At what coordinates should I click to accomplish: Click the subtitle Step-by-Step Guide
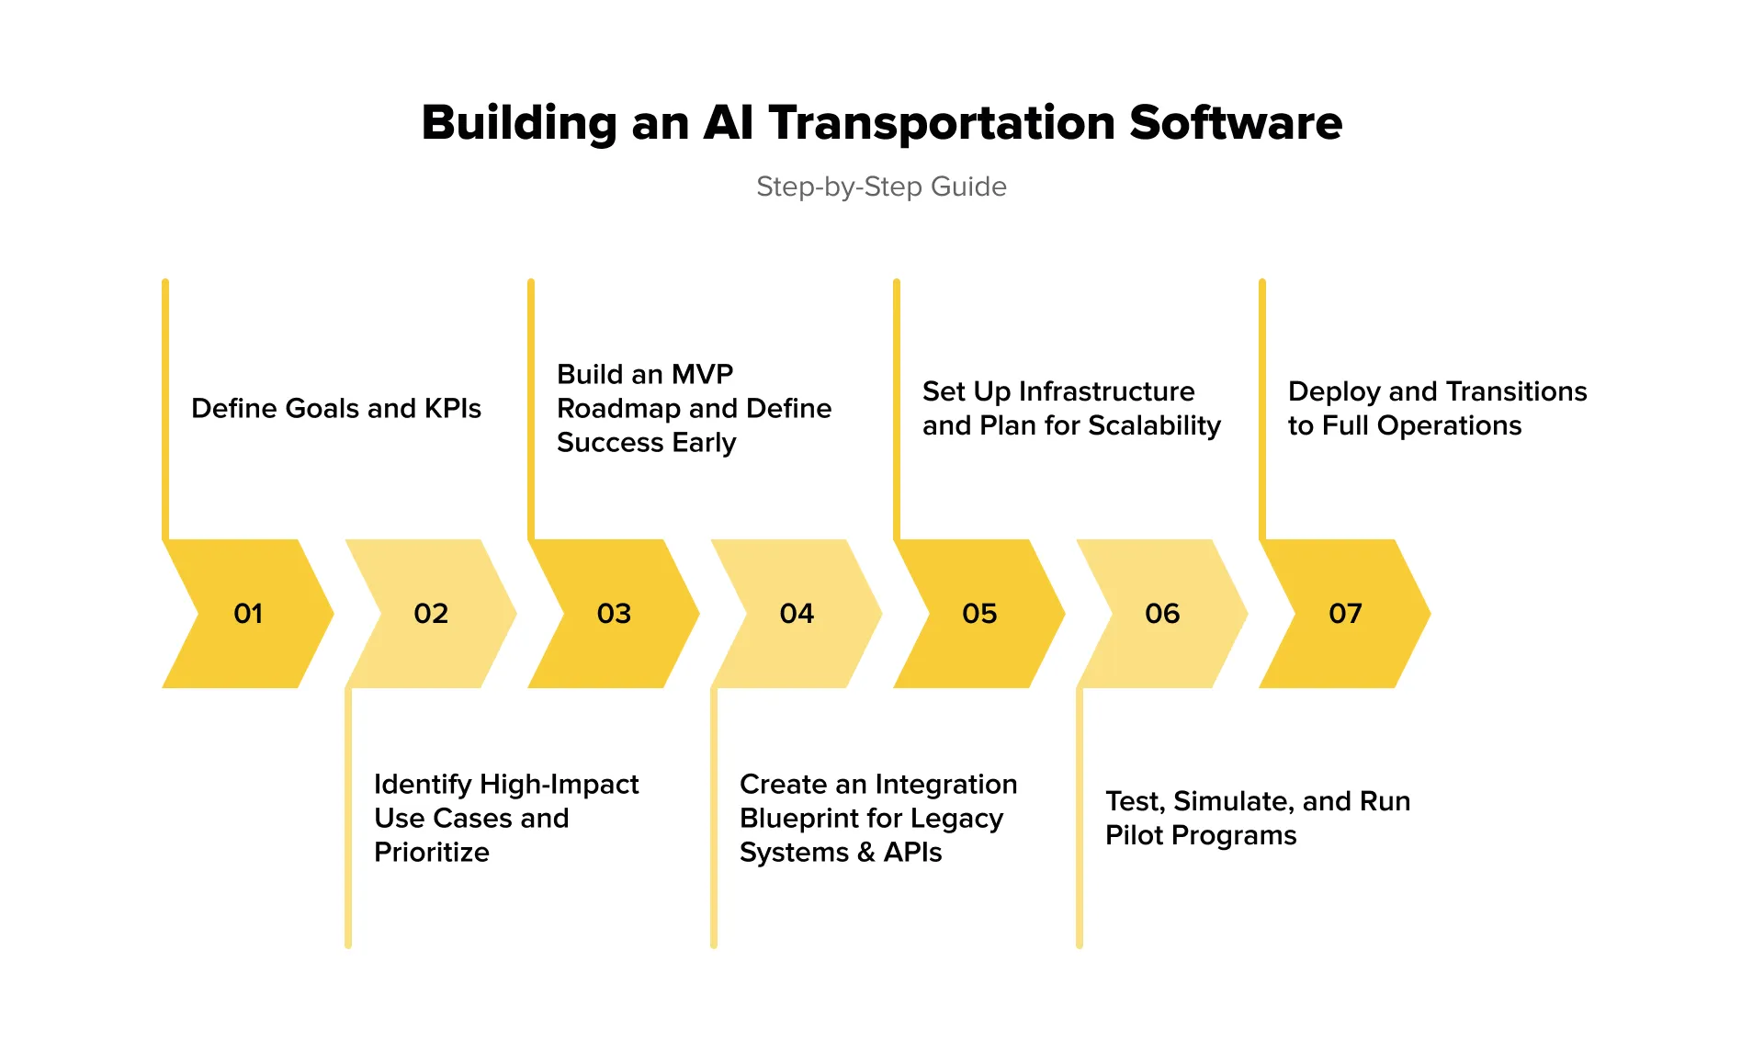point(881,187)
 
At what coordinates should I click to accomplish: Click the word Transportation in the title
point(941,123)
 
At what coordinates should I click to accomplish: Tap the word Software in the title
point(1236,123)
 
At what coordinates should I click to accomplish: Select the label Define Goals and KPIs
point(336,408)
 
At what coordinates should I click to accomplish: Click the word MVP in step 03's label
point(702,374)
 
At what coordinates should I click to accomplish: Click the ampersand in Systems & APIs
point(865,853)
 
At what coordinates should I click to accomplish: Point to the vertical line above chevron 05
point(897,409)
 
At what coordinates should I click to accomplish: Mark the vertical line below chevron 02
point(348,818)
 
